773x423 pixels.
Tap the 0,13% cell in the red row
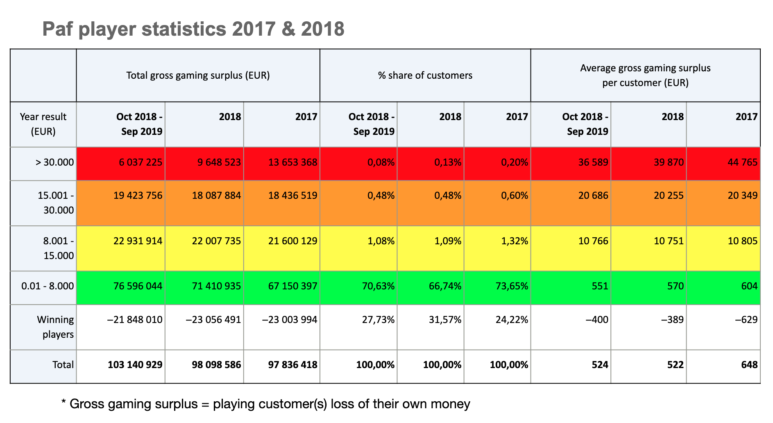coord(448,162)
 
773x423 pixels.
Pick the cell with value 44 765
coord(743,162)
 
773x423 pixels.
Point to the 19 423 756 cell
coord(138,196)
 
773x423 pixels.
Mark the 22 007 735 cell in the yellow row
coord(216,241)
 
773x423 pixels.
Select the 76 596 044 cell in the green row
coord(138,286)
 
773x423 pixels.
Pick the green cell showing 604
coord(749,286)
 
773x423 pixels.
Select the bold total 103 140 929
coord(135,364)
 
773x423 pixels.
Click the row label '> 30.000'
coord(54,162)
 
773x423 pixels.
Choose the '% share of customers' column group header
coord(425,75)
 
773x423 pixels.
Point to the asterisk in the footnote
coord(63,403)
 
